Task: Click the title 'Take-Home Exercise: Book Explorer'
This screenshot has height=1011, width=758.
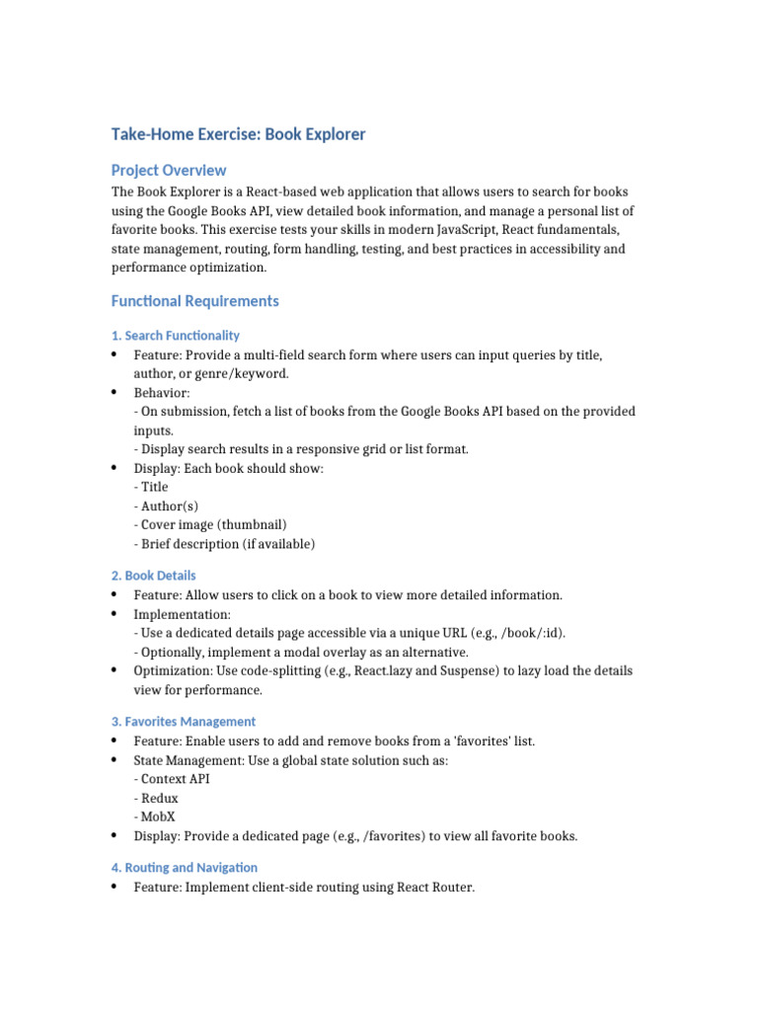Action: (x=238, y=134)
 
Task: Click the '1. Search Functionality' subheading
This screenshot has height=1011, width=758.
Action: (x=176, y=336)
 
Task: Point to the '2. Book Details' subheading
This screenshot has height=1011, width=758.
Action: (x=154, y=576)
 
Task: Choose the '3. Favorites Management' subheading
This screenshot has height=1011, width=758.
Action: (x=184, y=722)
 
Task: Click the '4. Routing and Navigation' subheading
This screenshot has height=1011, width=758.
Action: (x=185, y=868)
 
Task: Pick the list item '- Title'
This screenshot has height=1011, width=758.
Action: (x=151, y=487)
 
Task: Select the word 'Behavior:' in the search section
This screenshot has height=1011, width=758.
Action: (x=162, y=393)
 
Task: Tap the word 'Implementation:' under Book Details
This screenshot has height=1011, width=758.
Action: (x=183, y=614)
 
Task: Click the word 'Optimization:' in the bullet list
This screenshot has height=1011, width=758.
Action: (x=174, y=671)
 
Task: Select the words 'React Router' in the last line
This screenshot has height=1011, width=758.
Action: (x=435, y=888)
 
